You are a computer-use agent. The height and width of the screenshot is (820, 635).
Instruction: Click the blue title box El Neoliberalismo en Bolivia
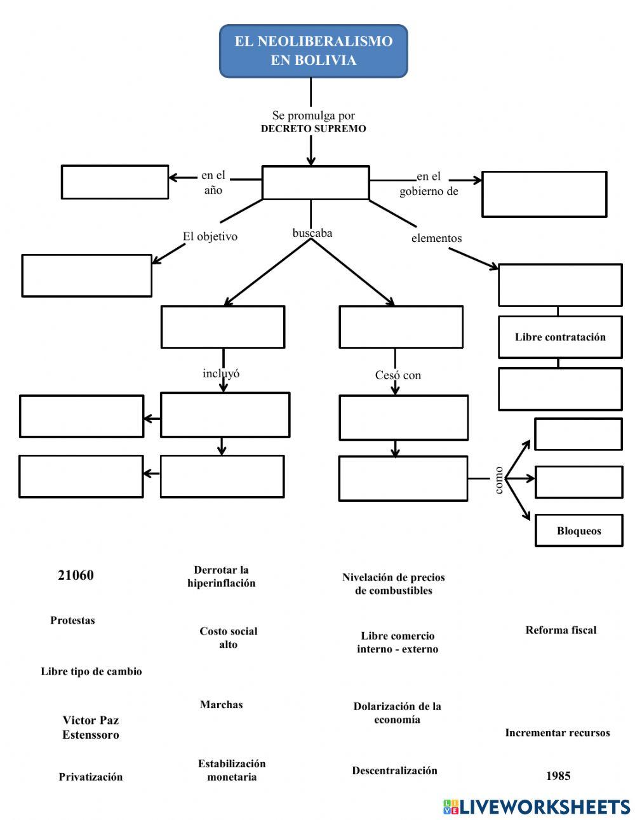tap(313, 51)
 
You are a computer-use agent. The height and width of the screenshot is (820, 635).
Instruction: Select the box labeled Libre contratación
tap(560, 337)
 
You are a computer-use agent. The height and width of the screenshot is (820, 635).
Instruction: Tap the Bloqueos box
tap(578, 531)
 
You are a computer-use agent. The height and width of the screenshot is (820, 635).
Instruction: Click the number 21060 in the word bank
tap(76, 575)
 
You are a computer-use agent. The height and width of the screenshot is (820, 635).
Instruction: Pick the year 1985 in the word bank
tap(558, 776)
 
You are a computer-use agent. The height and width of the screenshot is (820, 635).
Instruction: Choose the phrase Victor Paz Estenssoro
tap(91, 727)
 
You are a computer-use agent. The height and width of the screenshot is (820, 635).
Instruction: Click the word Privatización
tap(91, 777)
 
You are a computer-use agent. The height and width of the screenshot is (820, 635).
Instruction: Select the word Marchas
tap(221, 704)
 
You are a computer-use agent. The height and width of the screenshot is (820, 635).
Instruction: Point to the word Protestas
tap(72, 621)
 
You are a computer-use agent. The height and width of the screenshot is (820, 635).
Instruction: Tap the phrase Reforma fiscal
tap(561, 630)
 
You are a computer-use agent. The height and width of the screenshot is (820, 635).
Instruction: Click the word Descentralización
tap(394, 770)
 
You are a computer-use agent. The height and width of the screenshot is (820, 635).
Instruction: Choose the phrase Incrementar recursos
tap(557, 733)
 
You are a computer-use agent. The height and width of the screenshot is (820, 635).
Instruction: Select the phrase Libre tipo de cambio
tap(91, 671)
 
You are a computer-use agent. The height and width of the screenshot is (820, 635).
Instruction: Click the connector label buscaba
tap(312, 233)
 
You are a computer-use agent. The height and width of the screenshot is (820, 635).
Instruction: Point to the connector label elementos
tap(436, 238)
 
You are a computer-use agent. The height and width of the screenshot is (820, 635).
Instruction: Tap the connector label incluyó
tap(221, 373)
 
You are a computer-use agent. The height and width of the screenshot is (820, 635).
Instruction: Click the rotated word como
tap(499, 480)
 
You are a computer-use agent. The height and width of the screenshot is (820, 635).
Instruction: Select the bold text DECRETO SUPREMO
tap(313, 129)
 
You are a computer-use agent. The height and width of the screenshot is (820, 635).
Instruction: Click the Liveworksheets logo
tap(536, 807)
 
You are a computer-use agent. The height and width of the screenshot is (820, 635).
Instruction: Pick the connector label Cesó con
tap(398, 375)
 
